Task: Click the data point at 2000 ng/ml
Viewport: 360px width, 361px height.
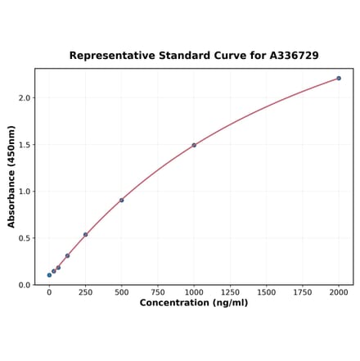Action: coord(339,79)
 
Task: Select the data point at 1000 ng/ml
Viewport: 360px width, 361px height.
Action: coord(194,145)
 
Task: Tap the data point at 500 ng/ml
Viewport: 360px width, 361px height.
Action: coord(122,200)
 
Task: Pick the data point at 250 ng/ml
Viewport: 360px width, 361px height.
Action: coord(85,235)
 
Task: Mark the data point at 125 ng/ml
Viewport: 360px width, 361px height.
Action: coord(67,255)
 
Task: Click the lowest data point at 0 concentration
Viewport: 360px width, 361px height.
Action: coord(49,275)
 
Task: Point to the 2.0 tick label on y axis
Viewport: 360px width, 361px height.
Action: coord(24,98)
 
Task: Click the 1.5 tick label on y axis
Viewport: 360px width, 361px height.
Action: coord(24,145)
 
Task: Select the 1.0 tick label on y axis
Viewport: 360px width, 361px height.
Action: coord(24,192)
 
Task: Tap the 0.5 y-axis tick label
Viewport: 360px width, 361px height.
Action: coord(24,238)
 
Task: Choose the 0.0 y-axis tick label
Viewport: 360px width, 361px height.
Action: coord(24,285)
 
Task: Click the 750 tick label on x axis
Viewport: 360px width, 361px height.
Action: coord(158,292)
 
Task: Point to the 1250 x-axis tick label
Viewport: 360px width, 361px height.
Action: coord(230,292)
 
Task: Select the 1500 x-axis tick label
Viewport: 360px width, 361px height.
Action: coord(266,292)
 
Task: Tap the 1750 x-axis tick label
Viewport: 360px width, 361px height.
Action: coord(303,292)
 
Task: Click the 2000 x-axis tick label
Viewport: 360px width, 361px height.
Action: coord(339,292)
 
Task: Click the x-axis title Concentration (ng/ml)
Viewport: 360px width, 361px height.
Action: coord(194,303)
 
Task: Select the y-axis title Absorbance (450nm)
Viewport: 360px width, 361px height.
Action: coord(11,177)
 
